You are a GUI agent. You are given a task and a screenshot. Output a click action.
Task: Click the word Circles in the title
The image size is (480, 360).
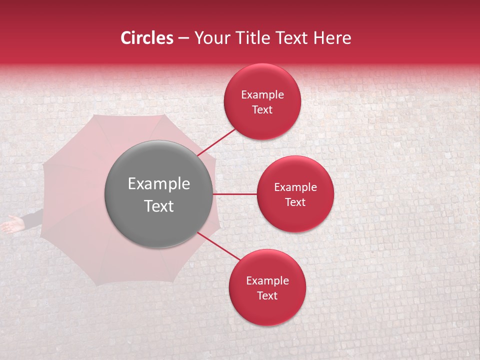tap(146, 38)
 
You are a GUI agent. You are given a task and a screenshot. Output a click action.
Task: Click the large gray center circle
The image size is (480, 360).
tap(159, 194)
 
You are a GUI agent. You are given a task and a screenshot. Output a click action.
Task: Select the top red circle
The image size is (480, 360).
tap(262, 101)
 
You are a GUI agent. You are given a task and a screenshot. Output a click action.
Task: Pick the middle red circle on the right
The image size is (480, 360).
tap(295, 194)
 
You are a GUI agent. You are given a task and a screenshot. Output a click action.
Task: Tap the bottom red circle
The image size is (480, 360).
tap(267, 287)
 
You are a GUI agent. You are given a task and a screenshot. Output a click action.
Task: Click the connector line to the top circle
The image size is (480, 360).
tap(217, 141)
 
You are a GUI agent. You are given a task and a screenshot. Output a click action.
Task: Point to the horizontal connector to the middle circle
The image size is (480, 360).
tap(235, 194)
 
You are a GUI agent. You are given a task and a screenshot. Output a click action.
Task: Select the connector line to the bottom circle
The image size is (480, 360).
tap(218, 246)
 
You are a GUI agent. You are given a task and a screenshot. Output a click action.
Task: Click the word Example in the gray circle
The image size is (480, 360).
tap(159, 184)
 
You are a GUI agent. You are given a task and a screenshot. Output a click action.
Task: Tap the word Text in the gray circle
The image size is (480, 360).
tap(159, 206)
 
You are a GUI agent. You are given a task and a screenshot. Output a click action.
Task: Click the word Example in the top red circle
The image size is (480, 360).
tap(262, 95)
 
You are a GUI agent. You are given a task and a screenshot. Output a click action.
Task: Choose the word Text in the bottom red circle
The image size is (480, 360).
tap(267, 295)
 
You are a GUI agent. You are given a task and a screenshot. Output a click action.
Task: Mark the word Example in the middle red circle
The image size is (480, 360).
tap(295, 187)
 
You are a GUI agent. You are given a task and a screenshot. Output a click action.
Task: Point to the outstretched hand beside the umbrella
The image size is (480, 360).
tap(11, 225)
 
